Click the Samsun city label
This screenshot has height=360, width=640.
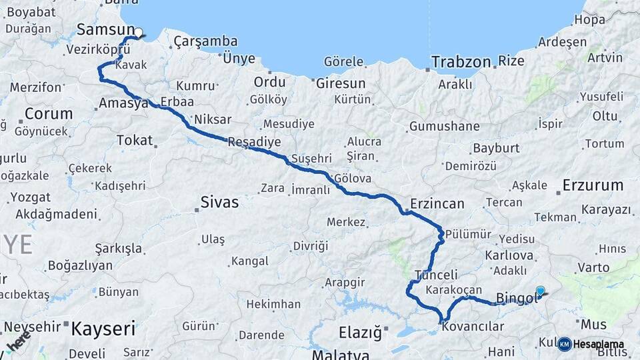coord(105,29)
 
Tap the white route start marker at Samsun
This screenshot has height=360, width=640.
coord(138,32)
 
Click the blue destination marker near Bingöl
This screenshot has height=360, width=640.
coord(540,291)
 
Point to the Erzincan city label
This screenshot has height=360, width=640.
coord(437,204)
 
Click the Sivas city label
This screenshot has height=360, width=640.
coord(219,202)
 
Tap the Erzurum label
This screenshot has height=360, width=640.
coord(593,185)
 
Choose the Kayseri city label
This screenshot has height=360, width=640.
coord(103,328)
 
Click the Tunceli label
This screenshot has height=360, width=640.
coord(436,275)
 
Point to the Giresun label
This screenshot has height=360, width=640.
coord(341,84)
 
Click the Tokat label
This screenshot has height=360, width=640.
coord(135,141)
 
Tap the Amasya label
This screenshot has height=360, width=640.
coord(123,103)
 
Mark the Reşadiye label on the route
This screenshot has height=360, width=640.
coord(254,143)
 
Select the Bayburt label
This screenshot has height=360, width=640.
coord(495,148)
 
